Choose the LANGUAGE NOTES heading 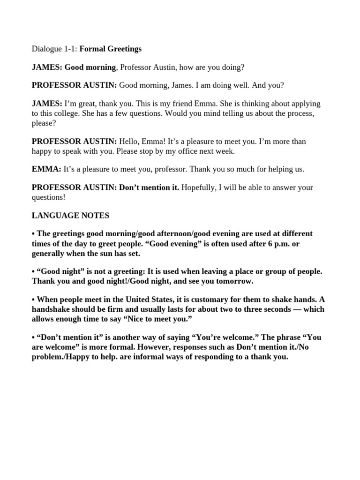[70, 216]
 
